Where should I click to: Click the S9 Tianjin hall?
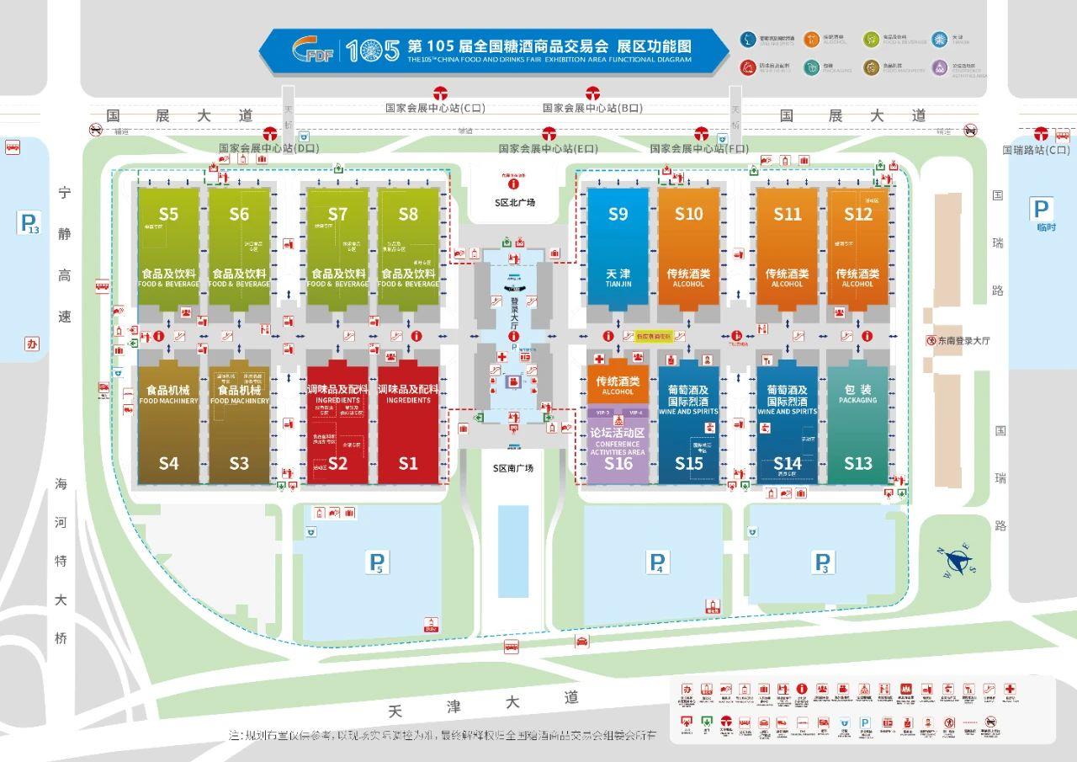pos(618,248)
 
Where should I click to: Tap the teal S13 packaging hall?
pos(857,425)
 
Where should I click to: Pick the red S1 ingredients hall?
pos(408,425)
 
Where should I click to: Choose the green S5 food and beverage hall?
pos(168,248)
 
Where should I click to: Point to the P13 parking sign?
pos(29,223)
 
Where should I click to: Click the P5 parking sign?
pos(379,562)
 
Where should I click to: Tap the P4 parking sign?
pos(658,562)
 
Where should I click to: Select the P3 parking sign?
pos(822,562)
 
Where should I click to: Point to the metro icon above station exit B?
pos(593,93)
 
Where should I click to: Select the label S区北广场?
pos(514,203)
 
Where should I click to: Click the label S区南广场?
pos(513,468)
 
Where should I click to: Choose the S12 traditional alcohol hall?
pos(857,248)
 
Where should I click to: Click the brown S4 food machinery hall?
pos(168,425)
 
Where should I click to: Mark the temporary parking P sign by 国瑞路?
pos(1042,210)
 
